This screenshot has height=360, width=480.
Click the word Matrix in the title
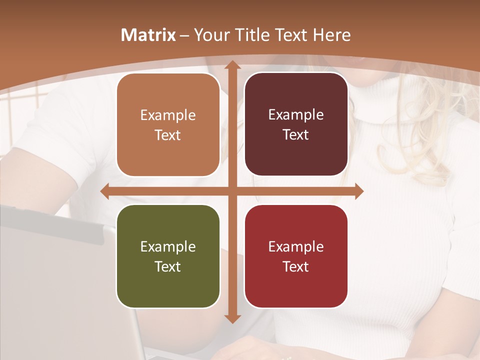pyautogui.click(x=148, y=35)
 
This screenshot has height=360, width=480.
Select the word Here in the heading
pyautogui.click(x=331, y=35)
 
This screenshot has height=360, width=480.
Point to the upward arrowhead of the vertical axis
pyautogui.click(x=232, y=65)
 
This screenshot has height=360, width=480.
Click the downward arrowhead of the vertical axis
pyautogui.click(x=232, y=318)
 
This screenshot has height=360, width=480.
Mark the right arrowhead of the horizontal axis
pyautogui.click(x=358, y=191)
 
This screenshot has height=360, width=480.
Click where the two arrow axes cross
pyautogui.click(x=232, y=191)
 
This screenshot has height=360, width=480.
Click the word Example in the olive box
pyautogui.click(x=168, y=246)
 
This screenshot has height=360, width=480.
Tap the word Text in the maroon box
pyautogui.click(x=296, y=134)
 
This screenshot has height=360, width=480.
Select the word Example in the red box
pyautogui.click(x=296, y=246)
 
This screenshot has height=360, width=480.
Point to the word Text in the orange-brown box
pyautogui.click(x=168, y=135)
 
